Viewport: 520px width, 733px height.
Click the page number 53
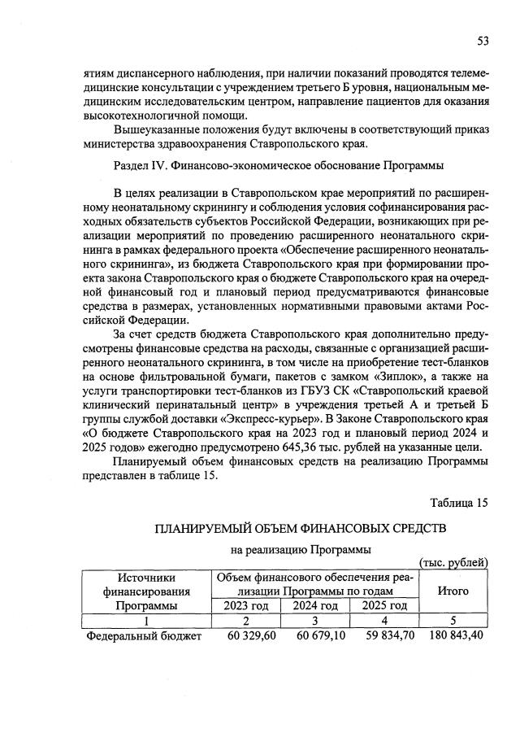coord(481,41)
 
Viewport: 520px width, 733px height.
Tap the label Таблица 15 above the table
coord(459,502)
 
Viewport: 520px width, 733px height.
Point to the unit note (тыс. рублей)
coord(452,562)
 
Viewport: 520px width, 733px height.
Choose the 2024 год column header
coord(314,605)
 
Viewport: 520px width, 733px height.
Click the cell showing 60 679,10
coord(313,635)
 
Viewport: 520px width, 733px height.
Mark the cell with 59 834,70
coord(383,635)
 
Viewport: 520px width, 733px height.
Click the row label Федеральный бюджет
coord(143,635)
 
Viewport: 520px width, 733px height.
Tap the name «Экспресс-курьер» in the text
coord(279,417)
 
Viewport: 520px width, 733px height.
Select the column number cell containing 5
coord(453,620)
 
